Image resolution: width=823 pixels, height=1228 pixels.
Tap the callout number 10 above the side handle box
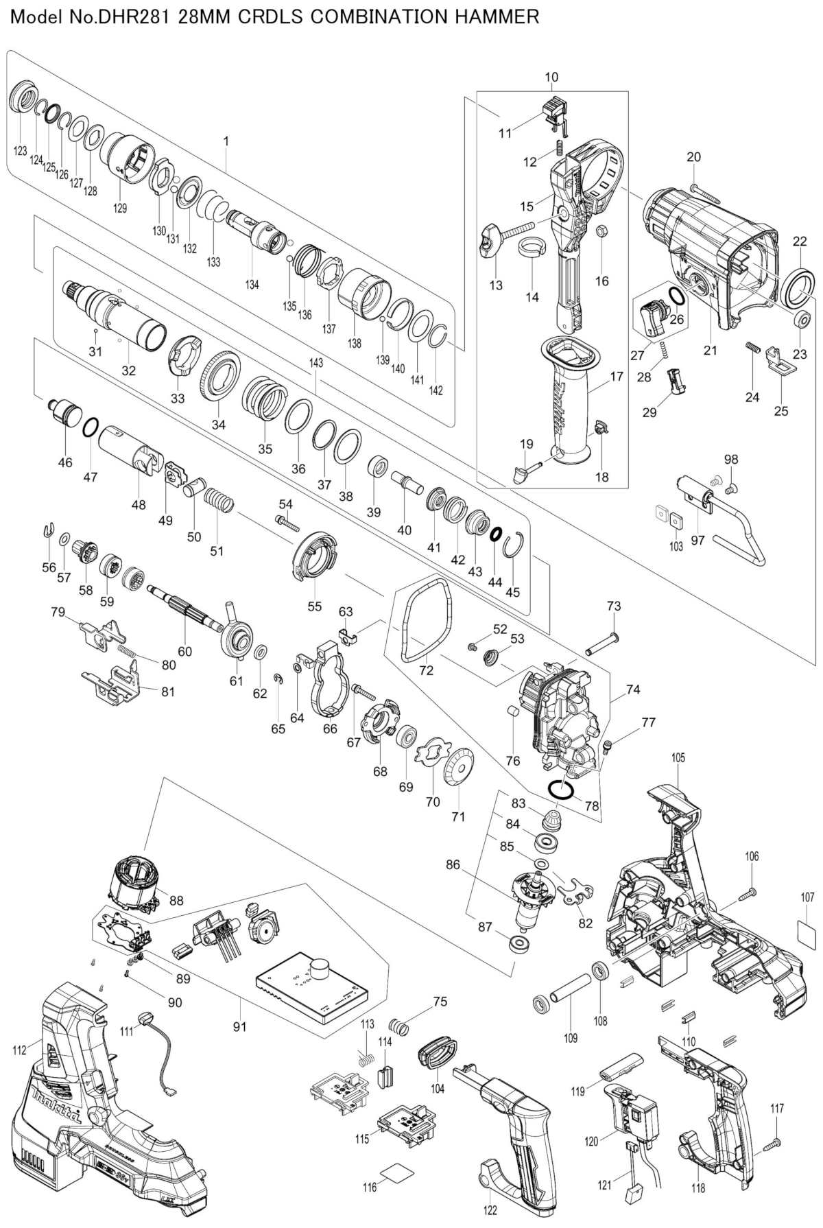[551, 78]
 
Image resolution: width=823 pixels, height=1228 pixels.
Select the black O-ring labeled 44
[496, 533]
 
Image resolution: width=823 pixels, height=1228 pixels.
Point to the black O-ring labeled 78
[561, 790]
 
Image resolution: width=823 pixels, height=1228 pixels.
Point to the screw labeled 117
[772, 1142]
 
